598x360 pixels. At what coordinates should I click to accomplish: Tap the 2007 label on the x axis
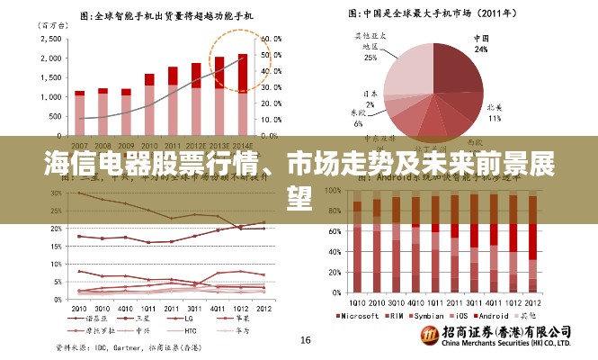(80, 145)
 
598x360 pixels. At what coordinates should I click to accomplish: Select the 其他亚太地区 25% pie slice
(400, 67)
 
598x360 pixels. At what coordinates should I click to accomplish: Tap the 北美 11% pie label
(494, 112)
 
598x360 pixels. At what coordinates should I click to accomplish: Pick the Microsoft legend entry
(361, 317)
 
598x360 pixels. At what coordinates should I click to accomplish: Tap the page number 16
(305, 340)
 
